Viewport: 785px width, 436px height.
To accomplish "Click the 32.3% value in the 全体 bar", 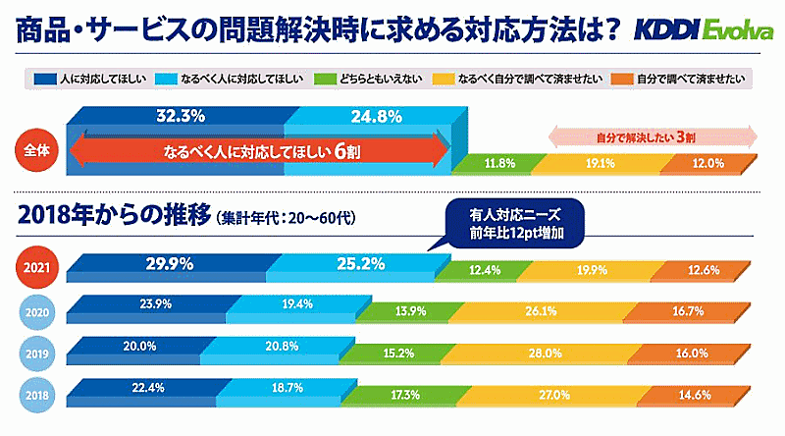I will pyautogui.click(x=180, y=116).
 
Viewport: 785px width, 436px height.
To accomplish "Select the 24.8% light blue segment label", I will pyautogui.click(x=362, y=116).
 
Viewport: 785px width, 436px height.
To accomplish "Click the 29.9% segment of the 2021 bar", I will pyautogui.click(x=169, y=263).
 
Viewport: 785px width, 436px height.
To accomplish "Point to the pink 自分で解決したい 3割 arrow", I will pyautogui.click(x=652, y=136).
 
